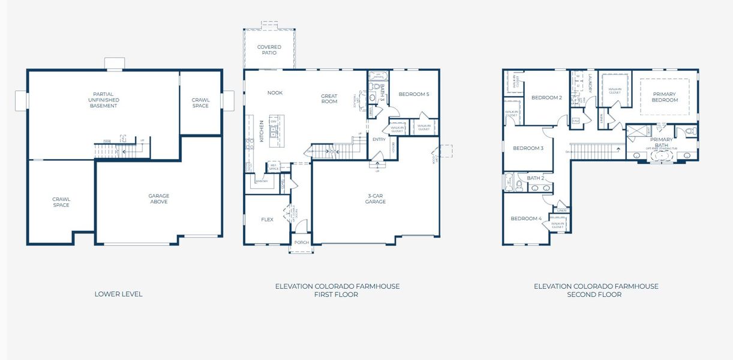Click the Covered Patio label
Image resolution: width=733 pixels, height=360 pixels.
tap(269, 50)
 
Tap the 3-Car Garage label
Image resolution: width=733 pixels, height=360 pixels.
tap(376, 199)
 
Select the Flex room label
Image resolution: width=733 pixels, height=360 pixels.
tap(267, 220)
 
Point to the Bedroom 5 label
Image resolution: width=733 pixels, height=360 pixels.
tap(414, 94)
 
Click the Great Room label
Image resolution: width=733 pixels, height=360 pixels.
tap(329, 99)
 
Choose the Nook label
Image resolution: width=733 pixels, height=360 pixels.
tap(275, 93)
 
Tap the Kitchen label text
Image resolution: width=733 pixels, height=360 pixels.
tap(262, 131)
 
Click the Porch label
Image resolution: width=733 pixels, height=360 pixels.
tap(301, 242)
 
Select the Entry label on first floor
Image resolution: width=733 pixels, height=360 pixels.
tap(378, 139)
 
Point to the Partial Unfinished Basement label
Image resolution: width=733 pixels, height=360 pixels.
tap(104, 100)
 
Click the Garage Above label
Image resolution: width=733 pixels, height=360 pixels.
tap(159, 199)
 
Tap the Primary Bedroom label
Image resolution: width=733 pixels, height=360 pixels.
tap(664, 97)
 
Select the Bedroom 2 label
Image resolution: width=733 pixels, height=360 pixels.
tap(546, 98)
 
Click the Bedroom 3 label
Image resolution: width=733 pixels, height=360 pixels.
tap(528, 148)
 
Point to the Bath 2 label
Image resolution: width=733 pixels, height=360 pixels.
tap(535, 178)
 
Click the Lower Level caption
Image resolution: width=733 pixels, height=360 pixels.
tap(118, 294)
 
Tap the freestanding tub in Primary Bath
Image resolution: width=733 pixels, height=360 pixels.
tap(662, 156)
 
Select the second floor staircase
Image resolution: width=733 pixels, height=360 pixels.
tap(597, 151)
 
